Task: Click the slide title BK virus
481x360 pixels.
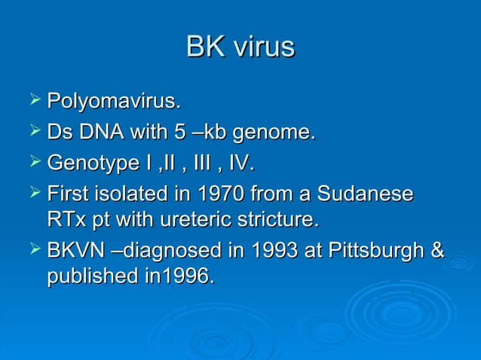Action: [240, 47]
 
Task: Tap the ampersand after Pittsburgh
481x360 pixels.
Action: [436, 250]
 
